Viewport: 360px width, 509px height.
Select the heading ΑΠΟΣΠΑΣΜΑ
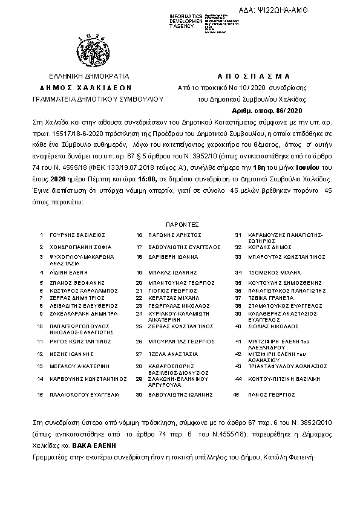[x=254, y=76]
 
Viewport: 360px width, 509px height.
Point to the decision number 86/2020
[x=284, y=111]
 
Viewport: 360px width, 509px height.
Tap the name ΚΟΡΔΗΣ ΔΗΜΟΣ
[x=264, y=247]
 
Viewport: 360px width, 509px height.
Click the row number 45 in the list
[x=237, y=395]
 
